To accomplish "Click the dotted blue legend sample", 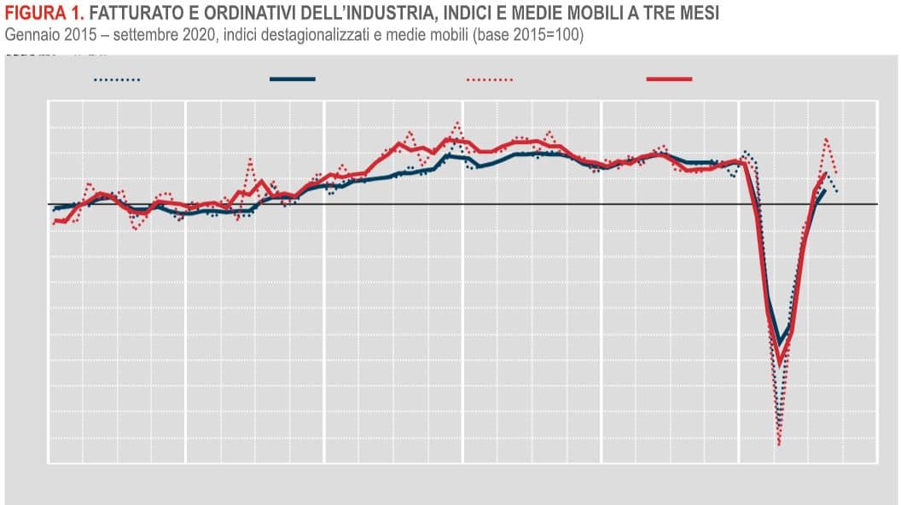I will [117, 79].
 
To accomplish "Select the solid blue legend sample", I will [293, 79].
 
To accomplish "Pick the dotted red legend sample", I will [490, 79].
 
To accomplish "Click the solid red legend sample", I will [670, 79].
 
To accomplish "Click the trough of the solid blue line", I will [779, 343].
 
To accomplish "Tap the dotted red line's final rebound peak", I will [826, 139].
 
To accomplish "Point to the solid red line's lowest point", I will [779, 363].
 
